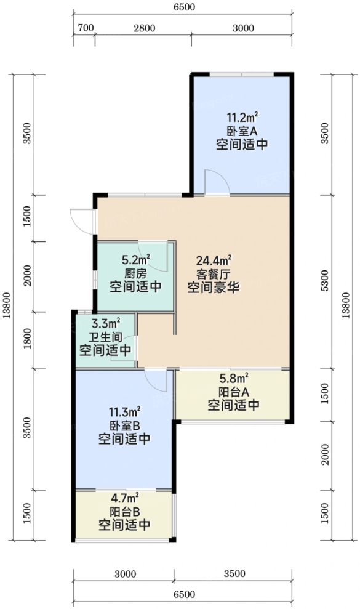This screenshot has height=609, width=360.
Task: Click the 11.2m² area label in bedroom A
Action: (x=242, y=117)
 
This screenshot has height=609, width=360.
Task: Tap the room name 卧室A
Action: (x=242, y=131)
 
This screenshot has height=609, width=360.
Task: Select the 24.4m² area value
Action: (x=214, y=261)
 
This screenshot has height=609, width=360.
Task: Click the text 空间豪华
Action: (x=214, y=288)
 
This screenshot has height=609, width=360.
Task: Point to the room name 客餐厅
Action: (x=214, y=275)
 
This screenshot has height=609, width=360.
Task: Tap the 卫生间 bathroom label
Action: (x=105, y=337)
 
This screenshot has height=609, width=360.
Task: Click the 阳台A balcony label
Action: (x=233, y=392)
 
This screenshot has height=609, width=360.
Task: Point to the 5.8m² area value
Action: (x=234, y=378)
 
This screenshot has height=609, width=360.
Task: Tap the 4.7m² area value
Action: (x=124, y=498)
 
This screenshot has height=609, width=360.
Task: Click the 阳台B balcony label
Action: (x=124, y=512)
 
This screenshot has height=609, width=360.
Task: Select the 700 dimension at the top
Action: (x=86, y=28)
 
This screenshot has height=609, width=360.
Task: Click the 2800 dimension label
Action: (x=143, y=28)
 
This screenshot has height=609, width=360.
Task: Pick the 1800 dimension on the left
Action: (x=26, y=339)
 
